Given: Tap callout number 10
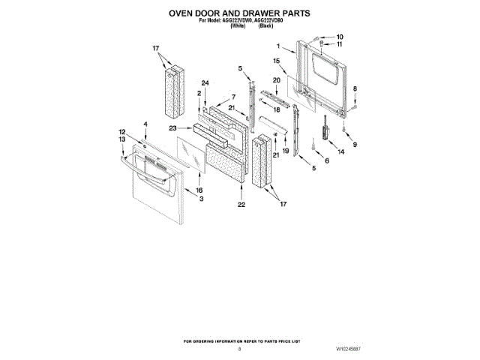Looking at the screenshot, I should click(339, 36).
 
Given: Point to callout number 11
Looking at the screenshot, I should click(339, 44).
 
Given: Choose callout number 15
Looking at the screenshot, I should click(277, 60).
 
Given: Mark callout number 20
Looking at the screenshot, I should click(276, 80).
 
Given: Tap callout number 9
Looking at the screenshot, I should click(355, 144).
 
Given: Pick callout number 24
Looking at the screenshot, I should click(203, 83).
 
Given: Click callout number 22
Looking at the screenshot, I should click(241, 204).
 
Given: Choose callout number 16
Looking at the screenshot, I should click(199, 190).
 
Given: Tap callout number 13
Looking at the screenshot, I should click(121, 139).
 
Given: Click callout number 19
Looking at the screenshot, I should click(285, 150).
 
